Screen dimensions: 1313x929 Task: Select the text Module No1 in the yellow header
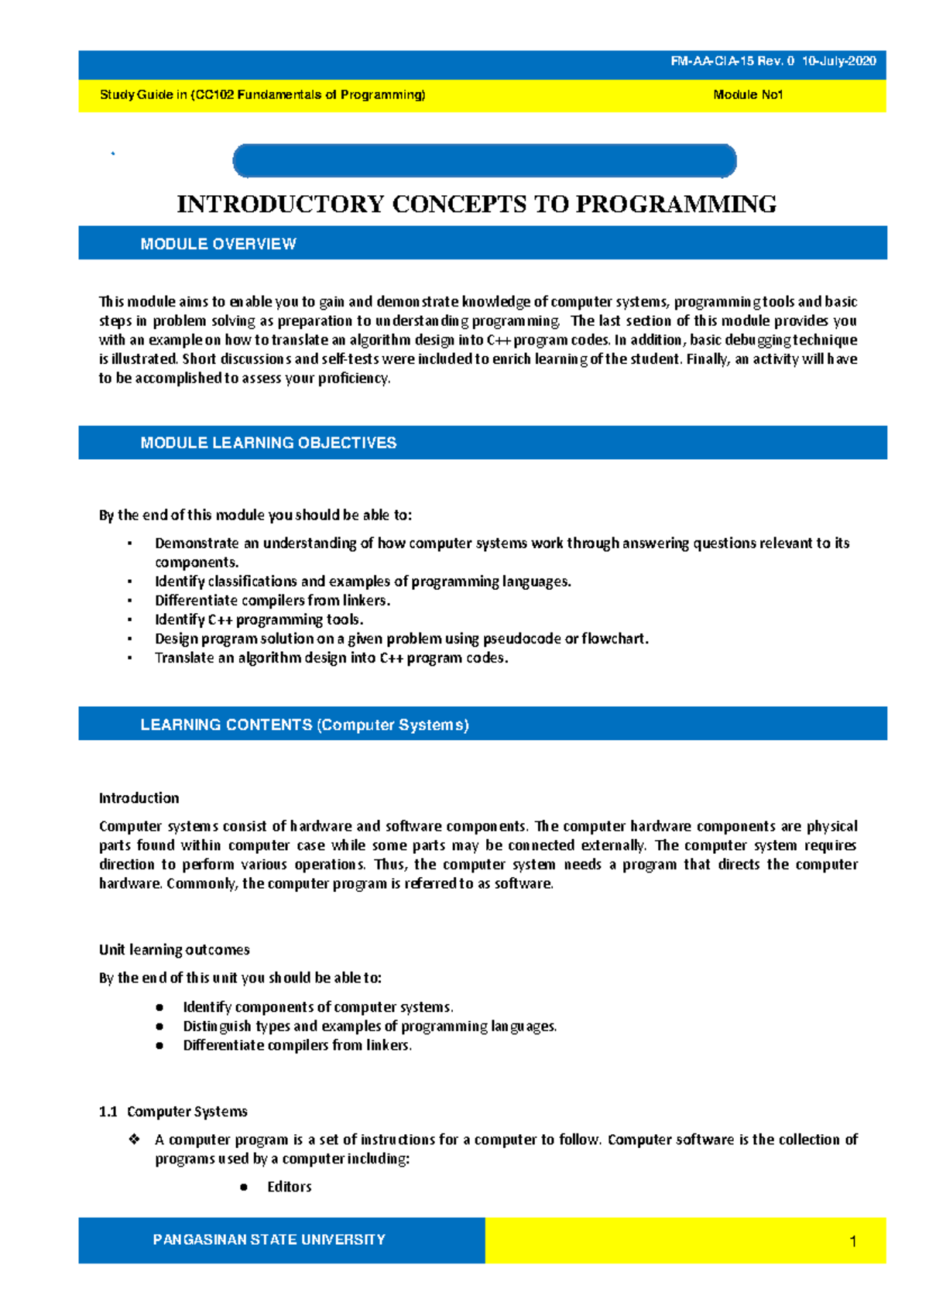point(748,95)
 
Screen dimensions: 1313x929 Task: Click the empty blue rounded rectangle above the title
point(484,161)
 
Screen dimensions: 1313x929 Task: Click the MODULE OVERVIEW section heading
point(218,245)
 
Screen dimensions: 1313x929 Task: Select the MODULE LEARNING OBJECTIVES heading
point(268,443)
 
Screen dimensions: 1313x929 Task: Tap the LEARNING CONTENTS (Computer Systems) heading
point(304,725)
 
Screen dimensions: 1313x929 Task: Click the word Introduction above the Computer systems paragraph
point(139,798)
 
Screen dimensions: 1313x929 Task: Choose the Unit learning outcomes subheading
point(174,950)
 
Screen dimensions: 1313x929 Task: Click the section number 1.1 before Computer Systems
point(108,1112)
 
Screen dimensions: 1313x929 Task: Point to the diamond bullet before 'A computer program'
point(134,1140)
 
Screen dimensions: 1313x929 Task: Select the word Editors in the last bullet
point(290,1187)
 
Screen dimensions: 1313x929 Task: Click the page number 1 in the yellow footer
point(853,1242)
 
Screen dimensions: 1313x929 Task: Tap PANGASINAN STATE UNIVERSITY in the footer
point(269,1239)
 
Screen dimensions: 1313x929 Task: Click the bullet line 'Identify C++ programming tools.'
point(259,620)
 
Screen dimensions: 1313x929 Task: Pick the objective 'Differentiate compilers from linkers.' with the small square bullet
point(273,601)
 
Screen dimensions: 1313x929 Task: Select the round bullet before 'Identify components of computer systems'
point(159,1007)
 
